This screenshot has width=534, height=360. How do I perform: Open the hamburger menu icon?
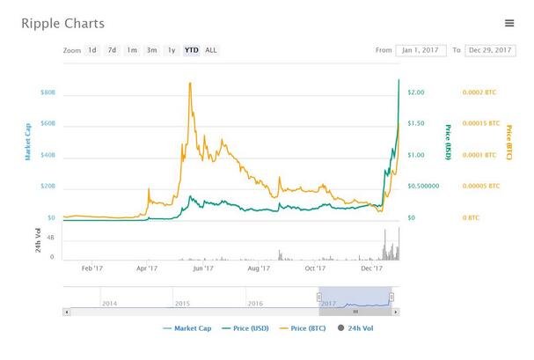point(509,23)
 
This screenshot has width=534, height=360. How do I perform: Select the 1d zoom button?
point(92,50)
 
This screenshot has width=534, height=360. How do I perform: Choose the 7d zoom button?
point(112,50)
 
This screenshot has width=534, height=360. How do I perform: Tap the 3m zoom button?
point(151,50)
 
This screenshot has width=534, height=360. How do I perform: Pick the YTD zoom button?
point(191,50)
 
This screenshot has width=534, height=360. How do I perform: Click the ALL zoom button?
point(211,50)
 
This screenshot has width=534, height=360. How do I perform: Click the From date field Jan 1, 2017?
point(421,50)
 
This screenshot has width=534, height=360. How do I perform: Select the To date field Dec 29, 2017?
point(490,50)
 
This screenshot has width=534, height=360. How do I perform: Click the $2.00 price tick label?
point(417,92)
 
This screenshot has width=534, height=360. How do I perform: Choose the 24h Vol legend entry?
point(356,329)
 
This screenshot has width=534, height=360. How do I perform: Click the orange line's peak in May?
point(190,83)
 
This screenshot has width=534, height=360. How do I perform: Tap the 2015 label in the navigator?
point(182,303)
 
